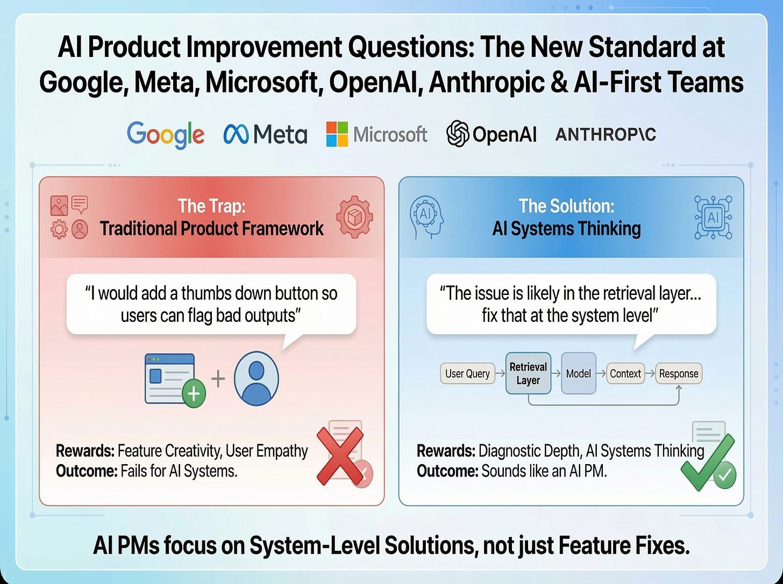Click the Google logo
(x=166, y=134)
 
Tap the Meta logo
(x=265, y=134)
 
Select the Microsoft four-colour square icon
(x=337, y=134)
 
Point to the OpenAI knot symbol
(x=458, y=133)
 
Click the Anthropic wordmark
(x=606, y=134)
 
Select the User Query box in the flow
(x=467, y=373)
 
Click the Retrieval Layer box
(x=528, y=373)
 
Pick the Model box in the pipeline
(x=578, y=373)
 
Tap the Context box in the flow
(x=625, y=373)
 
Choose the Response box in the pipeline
(x=678, y=373)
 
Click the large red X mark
(x=339, y=456)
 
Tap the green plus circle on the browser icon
(x=193, y=394)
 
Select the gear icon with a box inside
(x=354, y=217)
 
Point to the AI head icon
(x=426, y=217)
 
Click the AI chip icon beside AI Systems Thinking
(x=713, y=217)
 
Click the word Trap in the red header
(x=225, y=206)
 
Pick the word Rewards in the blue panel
(x=445, y=450)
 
